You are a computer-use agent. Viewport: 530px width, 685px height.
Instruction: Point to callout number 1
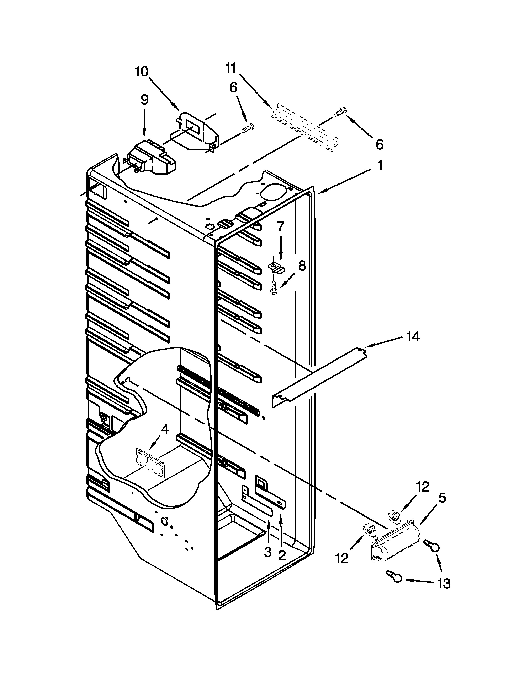pyautogui.click(x=380, y=165)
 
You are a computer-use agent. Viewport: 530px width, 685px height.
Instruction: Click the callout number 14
pyautogui.click(x=413, y=337)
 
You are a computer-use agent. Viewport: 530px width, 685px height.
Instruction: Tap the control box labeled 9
pyautogui.click(x=151, y=158)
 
